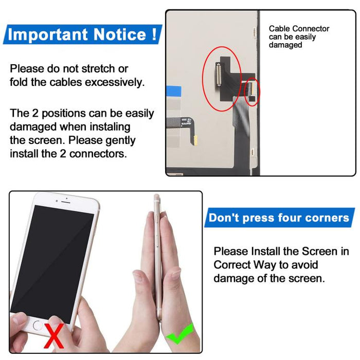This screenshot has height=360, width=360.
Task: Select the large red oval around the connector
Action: coord(221,74)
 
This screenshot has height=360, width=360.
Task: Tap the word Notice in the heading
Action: coord(119,35)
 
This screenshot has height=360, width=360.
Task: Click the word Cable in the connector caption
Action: coord(280,29)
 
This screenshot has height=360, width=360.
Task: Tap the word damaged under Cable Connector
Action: coord(285,45)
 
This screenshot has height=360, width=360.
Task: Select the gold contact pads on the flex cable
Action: coord(195,139)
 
